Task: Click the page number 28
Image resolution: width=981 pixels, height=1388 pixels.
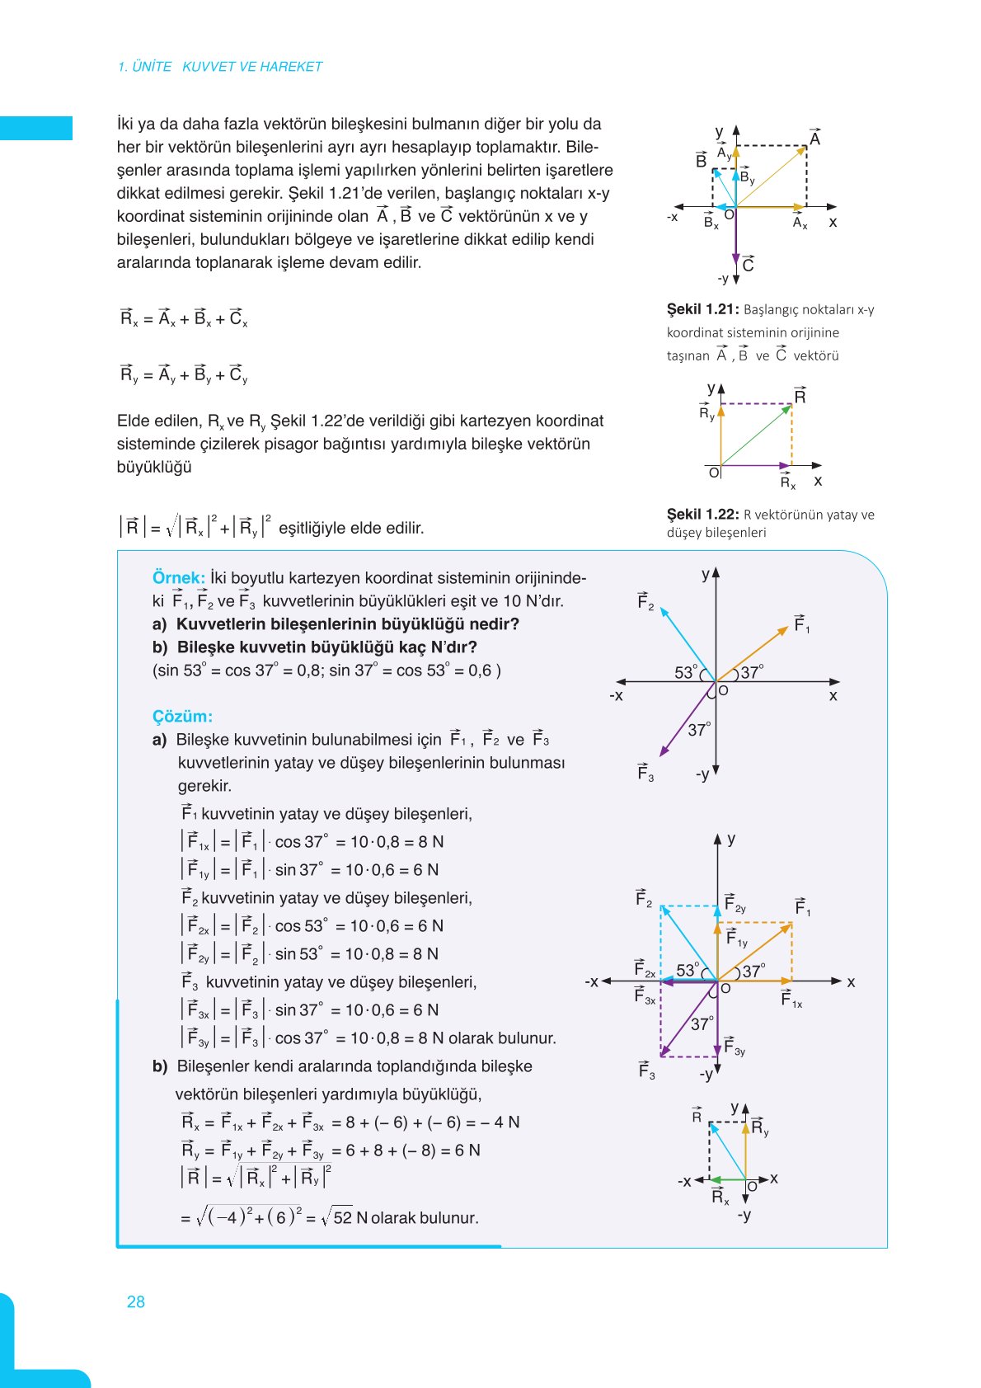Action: (x=136, y=1301)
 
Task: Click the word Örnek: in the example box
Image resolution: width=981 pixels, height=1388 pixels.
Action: (x=178, y=577)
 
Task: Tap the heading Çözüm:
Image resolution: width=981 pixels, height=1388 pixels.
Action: (x=182, y=716)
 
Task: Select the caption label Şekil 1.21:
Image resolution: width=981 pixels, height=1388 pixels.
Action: (x=702, y=309)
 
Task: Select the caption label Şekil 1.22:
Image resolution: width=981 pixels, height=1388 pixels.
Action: (x=702, y=514)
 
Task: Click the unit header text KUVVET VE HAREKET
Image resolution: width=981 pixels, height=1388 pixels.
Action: (x=252, y=67)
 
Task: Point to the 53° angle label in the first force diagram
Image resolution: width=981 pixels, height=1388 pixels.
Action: (x=686, y=672)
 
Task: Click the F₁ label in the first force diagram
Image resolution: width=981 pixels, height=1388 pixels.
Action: (x=802, y=623)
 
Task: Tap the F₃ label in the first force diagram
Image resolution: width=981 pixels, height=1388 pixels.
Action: (x=645, y=772)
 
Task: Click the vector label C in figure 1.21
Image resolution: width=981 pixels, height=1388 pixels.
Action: (x=748, y=264)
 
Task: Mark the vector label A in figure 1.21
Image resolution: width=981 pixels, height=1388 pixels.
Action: (x=814, y=138)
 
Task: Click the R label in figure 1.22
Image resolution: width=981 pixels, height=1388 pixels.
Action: (x=800, y=395)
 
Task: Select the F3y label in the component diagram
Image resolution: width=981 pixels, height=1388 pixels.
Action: (x=734, y=1047)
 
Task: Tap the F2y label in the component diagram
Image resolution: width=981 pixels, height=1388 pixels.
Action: (x=735, y=904)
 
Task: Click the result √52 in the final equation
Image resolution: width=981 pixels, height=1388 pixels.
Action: (x=337, y=1217)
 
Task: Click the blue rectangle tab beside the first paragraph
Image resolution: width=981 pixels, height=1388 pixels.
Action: (x=36, y=128)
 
